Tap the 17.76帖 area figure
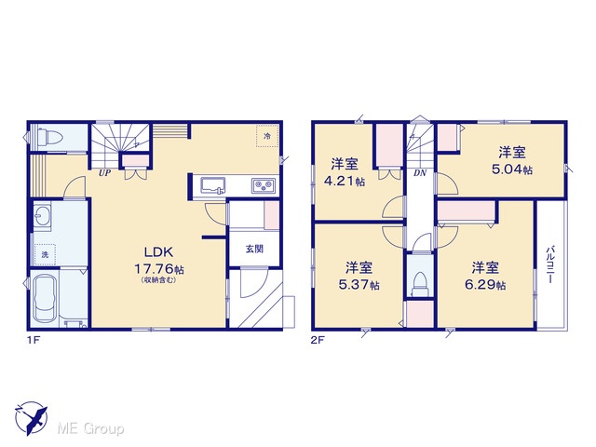[x=159, y=269]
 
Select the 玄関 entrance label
[x=254, y=249]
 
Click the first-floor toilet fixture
[x=47, y=136]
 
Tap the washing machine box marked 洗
[x=45, y=254]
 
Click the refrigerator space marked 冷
[x=267, y=136]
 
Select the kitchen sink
[x=213, y=186]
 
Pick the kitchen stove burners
[x=264, y=186]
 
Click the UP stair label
[x=104, y=173]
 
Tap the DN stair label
[x=420, y=173]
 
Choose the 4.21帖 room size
[x=344, y=181]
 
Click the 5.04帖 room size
[x=512, y=169]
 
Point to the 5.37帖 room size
[x=359, y=284]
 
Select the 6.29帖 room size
[x=485, y=284]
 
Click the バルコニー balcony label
[x=549, y=264]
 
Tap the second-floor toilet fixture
[x=420, y=283]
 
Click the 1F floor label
[x=34, y=340]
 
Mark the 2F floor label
[x=318, y=340]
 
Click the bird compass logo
[x=32, y=418]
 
